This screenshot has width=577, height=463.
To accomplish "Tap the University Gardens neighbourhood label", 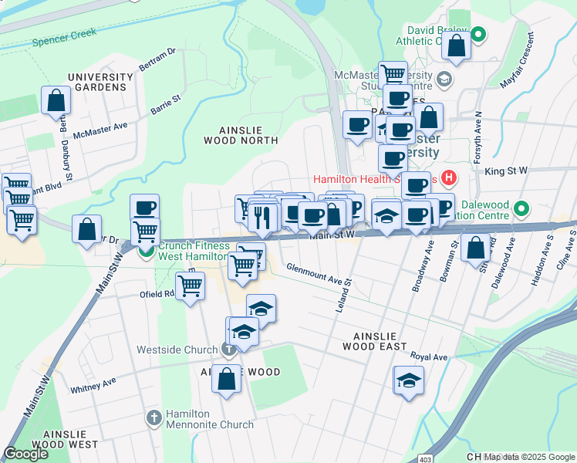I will click(x=100, y=82).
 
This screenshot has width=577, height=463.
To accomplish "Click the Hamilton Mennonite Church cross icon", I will click(x=154, y=417).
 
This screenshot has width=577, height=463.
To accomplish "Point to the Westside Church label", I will click(x=177, y=350).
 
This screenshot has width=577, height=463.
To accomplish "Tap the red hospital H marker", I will click(x=449, y=177).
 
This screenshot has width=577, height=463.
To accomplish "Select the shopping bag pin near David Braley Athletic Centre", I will click(x=457, y=45).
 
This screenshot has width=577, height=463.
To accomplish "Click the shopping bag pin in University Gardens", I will click(x=56, y=100).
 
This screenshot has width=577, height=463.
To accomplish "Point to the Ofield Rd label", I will click(x=157, y=293).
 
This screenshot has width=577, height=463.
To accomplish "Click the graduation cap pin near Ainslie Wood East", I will click(x=409, y=380).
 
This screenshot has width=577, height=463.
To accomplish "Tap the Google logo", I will click(x=25, y=454).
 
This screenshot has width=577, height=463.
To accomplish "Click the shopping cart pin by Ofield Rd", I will click(x=190, y=286).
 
